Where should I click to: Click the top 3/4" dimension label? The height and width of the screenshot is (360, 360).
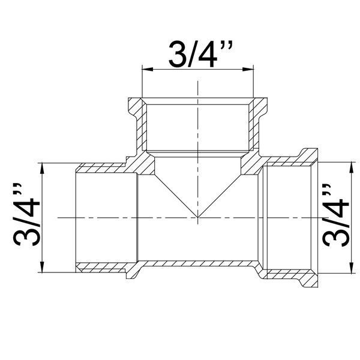pos(200,54)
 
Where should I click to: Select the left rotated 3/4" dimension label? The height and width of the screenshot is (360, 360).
pos(26,214)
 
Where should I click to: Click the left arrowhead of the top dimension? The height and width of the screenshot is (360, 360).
pos(148,69)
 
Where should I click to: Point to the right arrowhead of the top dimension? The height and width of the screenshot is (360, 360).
pos(248,69)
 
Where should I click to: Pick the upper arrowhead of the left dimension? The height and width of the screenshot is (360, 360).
pos(42,168)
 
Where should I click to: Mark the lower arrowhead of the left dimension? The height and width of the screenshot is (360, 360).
pos(42,267)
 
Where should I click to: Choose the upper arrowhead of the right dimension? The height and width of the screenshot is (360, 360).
pos(351,167)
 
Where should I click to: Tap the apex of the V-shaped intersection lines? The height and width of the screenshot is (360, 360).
pos(197,217)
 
